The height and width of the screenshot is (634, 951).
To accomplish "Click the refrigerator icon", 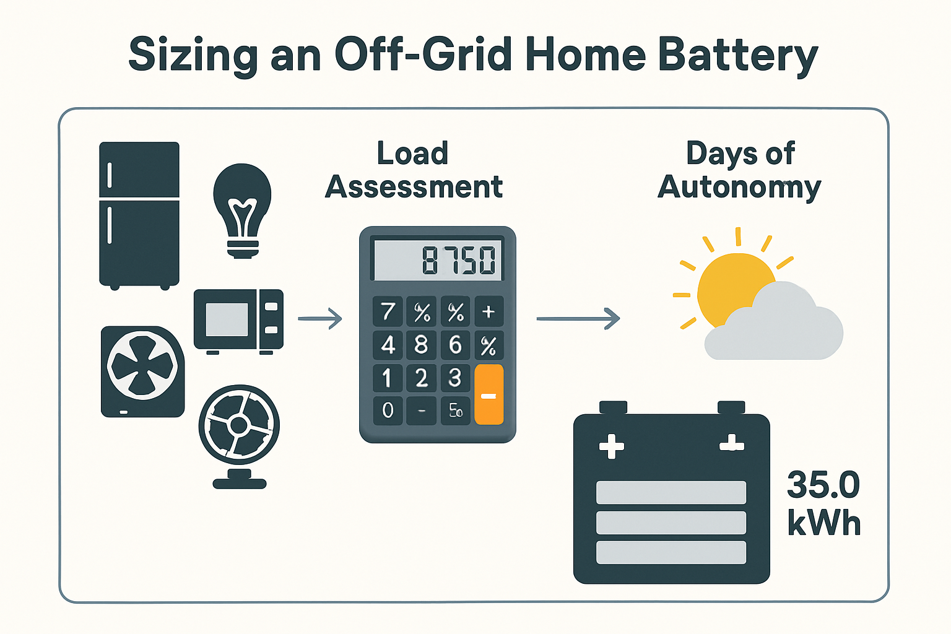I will pos(139,214).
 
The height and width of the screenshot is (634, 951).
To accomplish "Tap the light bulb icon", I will pos(242,207).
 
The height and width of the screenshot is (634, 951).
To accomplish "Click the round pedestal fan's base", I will pos(240,481).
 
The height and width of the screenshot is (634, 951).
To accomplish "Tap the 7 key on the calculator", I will pos(388,311).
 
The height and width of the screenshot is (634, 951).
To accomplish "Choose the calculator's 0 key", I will pos(388,410).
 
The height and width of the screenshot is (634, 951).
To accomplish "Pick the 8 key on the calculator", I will pos(422,345).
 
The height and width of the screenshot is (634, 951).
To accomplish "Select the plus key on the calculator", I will pos(489,311).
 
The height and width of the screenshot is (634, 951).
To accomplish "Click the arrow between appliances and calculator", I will pos(320,319).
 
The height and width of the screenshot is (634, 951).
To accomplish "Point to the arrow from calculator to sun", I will pos(578,319).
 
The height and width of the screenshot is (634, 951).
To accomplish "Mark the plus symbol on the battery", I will pos(612,446).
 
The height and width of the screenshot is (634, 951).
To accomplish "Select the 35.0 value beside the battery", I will pos(823,485).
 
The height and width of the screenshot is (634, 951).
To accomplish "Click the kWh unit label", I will pos(824,524).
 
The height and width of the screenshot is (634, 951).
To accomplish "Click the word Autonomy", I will pos(739,187).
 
